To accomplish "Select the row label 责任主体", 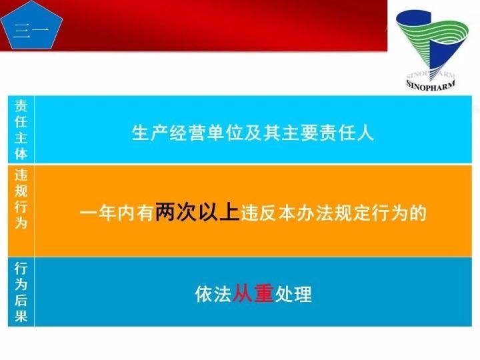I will [x=21, y=129].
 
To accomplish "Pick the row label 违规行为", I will [x=21, y=209].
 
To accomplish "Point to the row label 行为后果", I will [x=21, y=292].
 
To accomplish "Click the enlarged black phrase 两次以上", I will [x=197, y=213].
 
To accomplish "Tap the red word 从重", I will [x=253, y=294].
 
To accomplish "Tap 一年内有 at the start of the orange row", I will [x=117, y=214].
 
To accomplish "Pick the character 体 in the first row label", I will [x=21, y=153].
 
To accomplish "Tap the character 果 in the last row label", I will [x=21, y=315].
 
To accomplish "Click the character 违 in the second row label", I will [x=21, y=175].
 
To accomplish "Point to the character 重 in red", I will [x=264, y=294].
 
